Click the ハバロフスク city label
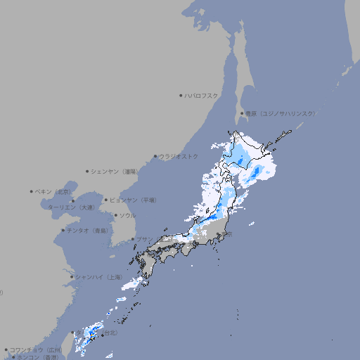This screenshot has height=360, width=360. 202,95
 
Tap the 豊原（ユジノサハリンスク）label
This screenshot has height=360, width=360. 280,113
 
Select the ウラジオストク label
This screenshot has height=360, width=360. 179,156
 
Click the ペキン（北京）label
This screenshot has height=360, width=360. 53,191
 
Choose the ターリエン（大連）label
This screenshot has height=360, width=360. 70,207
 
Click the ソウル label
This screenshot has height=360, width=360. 127,215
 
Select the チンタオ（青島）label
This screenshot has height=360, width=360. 87,230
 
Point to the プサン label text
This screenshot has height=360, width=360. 143,239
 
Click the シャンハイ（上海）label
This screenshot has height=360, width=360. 98,277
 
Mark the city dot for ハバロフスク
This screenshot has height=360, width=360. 181,95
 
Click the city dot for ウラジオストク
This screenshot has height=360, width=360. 155,156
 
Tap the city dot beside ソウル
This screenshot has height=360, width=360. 115,215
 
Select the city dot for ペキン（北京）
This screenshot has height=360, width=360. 31,191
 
